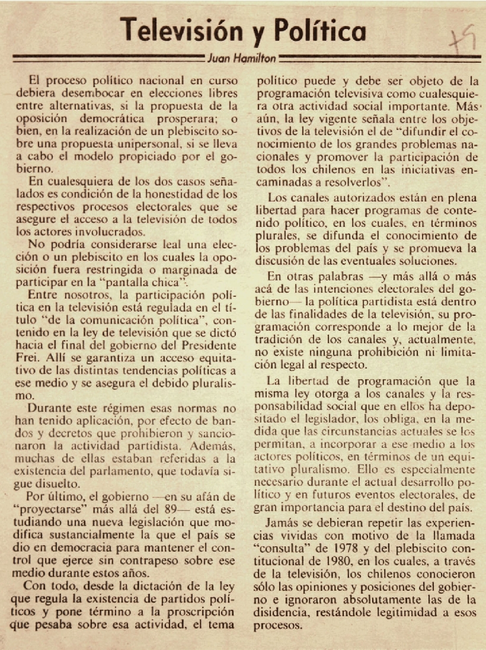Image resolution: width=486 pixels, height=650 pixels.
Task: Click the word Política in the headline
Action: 323,30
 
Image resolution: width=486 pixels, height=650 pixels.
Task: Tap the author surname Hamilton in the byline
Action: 257,59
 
